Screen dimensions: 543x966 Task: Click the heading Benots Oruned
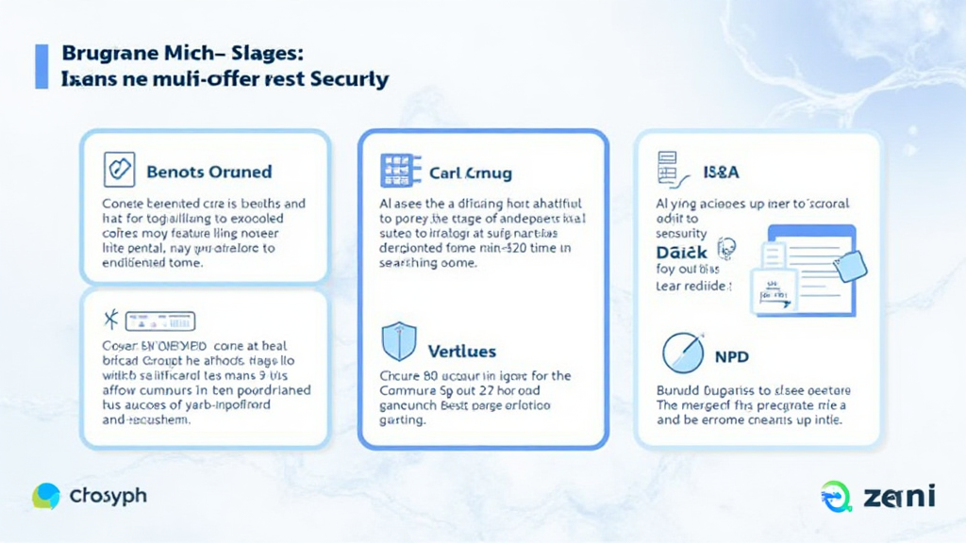point(209,172)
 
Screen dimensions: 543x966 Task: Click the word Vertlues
point(461,351)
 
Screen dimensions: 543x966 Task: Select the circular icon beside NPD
point(682,353)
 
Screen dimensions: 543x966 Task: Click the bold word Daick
point(682,252)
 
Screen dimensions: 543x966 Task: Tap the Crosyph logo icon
point(46,496)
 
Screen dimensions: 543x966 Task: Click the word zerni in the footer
point(897,495)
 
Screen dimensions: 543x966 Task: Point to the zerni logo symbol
point(836,496)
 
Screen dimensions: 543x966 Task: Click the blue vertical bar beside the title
point(42,66)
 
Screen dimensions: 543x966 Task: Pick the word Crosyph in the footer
point(108,496)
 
